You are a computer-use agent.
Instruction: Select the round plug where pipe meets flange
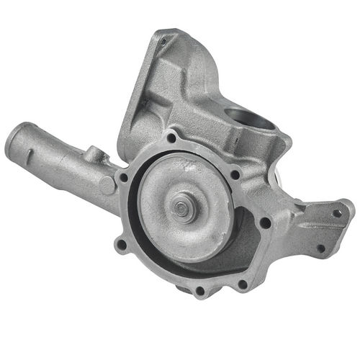pos(107,184)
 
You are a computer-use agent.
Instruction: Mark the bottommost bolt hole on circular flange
pos(199,291)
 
